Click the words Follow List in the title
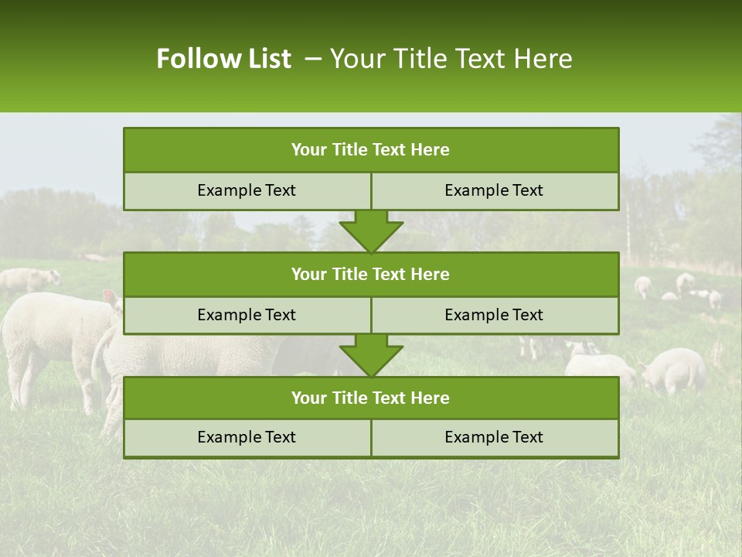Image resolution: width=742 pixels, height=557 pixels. click(x=223, y=59)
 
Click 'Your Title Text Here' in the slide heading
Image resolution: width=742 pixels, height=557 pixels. click(x=451, y=59)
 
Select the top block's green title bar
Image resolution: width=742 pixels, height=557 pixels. click(x=371, y=150)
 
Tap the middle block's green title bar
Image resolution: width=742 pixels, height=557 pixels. click(x=371, y=274)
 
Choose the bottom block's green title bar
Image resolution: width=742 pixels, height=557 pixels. click(x=371, y=398)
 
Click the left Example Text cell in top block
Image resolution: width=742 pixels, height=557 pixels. click(x=247, y=190)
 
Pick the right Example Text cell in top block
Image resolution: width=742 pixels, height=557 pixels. click(x=494, y=190)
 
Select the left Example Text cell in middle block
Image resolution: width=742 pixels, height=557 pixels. click(x=247, y=315)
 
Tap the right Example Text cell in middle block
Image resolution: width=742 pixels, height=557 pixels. click(x=494, y=315)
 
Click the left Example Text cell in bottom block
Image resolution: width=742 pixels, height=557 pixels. click(x=247, y=437)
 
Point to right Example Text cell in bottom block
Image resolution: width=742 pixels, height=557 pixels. click(x=494, y=437)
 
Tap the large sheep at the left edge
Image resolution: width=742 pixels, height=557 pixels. click(x=54, y=333)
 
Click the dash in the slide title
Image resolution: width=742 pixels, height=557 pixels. click(x=313, y=59)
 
